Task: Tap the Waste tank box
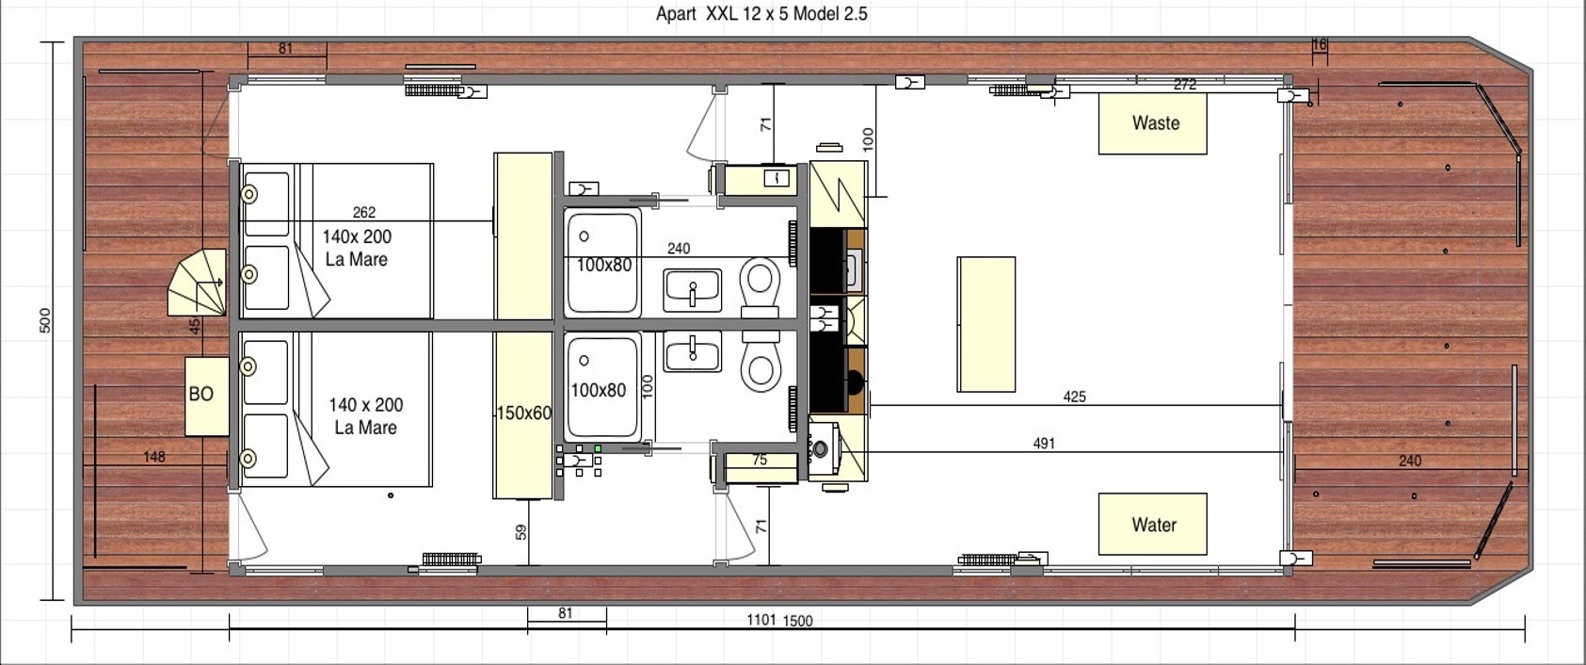pos(1153,123)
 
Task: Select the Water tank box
pos(1153,524)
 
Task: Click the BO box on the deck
pos(207,396)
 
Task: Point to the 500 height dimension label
pos(45,320)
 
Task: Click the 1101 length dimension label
pos(761,620)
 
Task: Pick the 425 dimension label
pos(1074,397)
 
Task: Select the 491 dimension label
pos(1044,444)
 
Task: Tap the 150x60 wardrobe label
pos(524,413)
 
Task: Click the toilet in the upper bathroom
pos(760,288)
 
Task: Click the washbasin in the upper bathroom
pos(693,290)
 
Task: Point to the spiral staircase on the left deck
pos(197,283)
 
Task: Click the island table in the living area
pos(985,324)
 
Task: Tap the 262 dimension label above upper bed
pos(364,213)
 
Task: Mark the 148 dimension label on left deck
pos(154,457)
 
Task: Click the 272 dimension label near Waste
pos(1184,85)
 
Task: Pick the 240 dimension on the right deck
pos(1410,461)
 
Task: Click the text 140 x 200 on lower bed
pos(365,405)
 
